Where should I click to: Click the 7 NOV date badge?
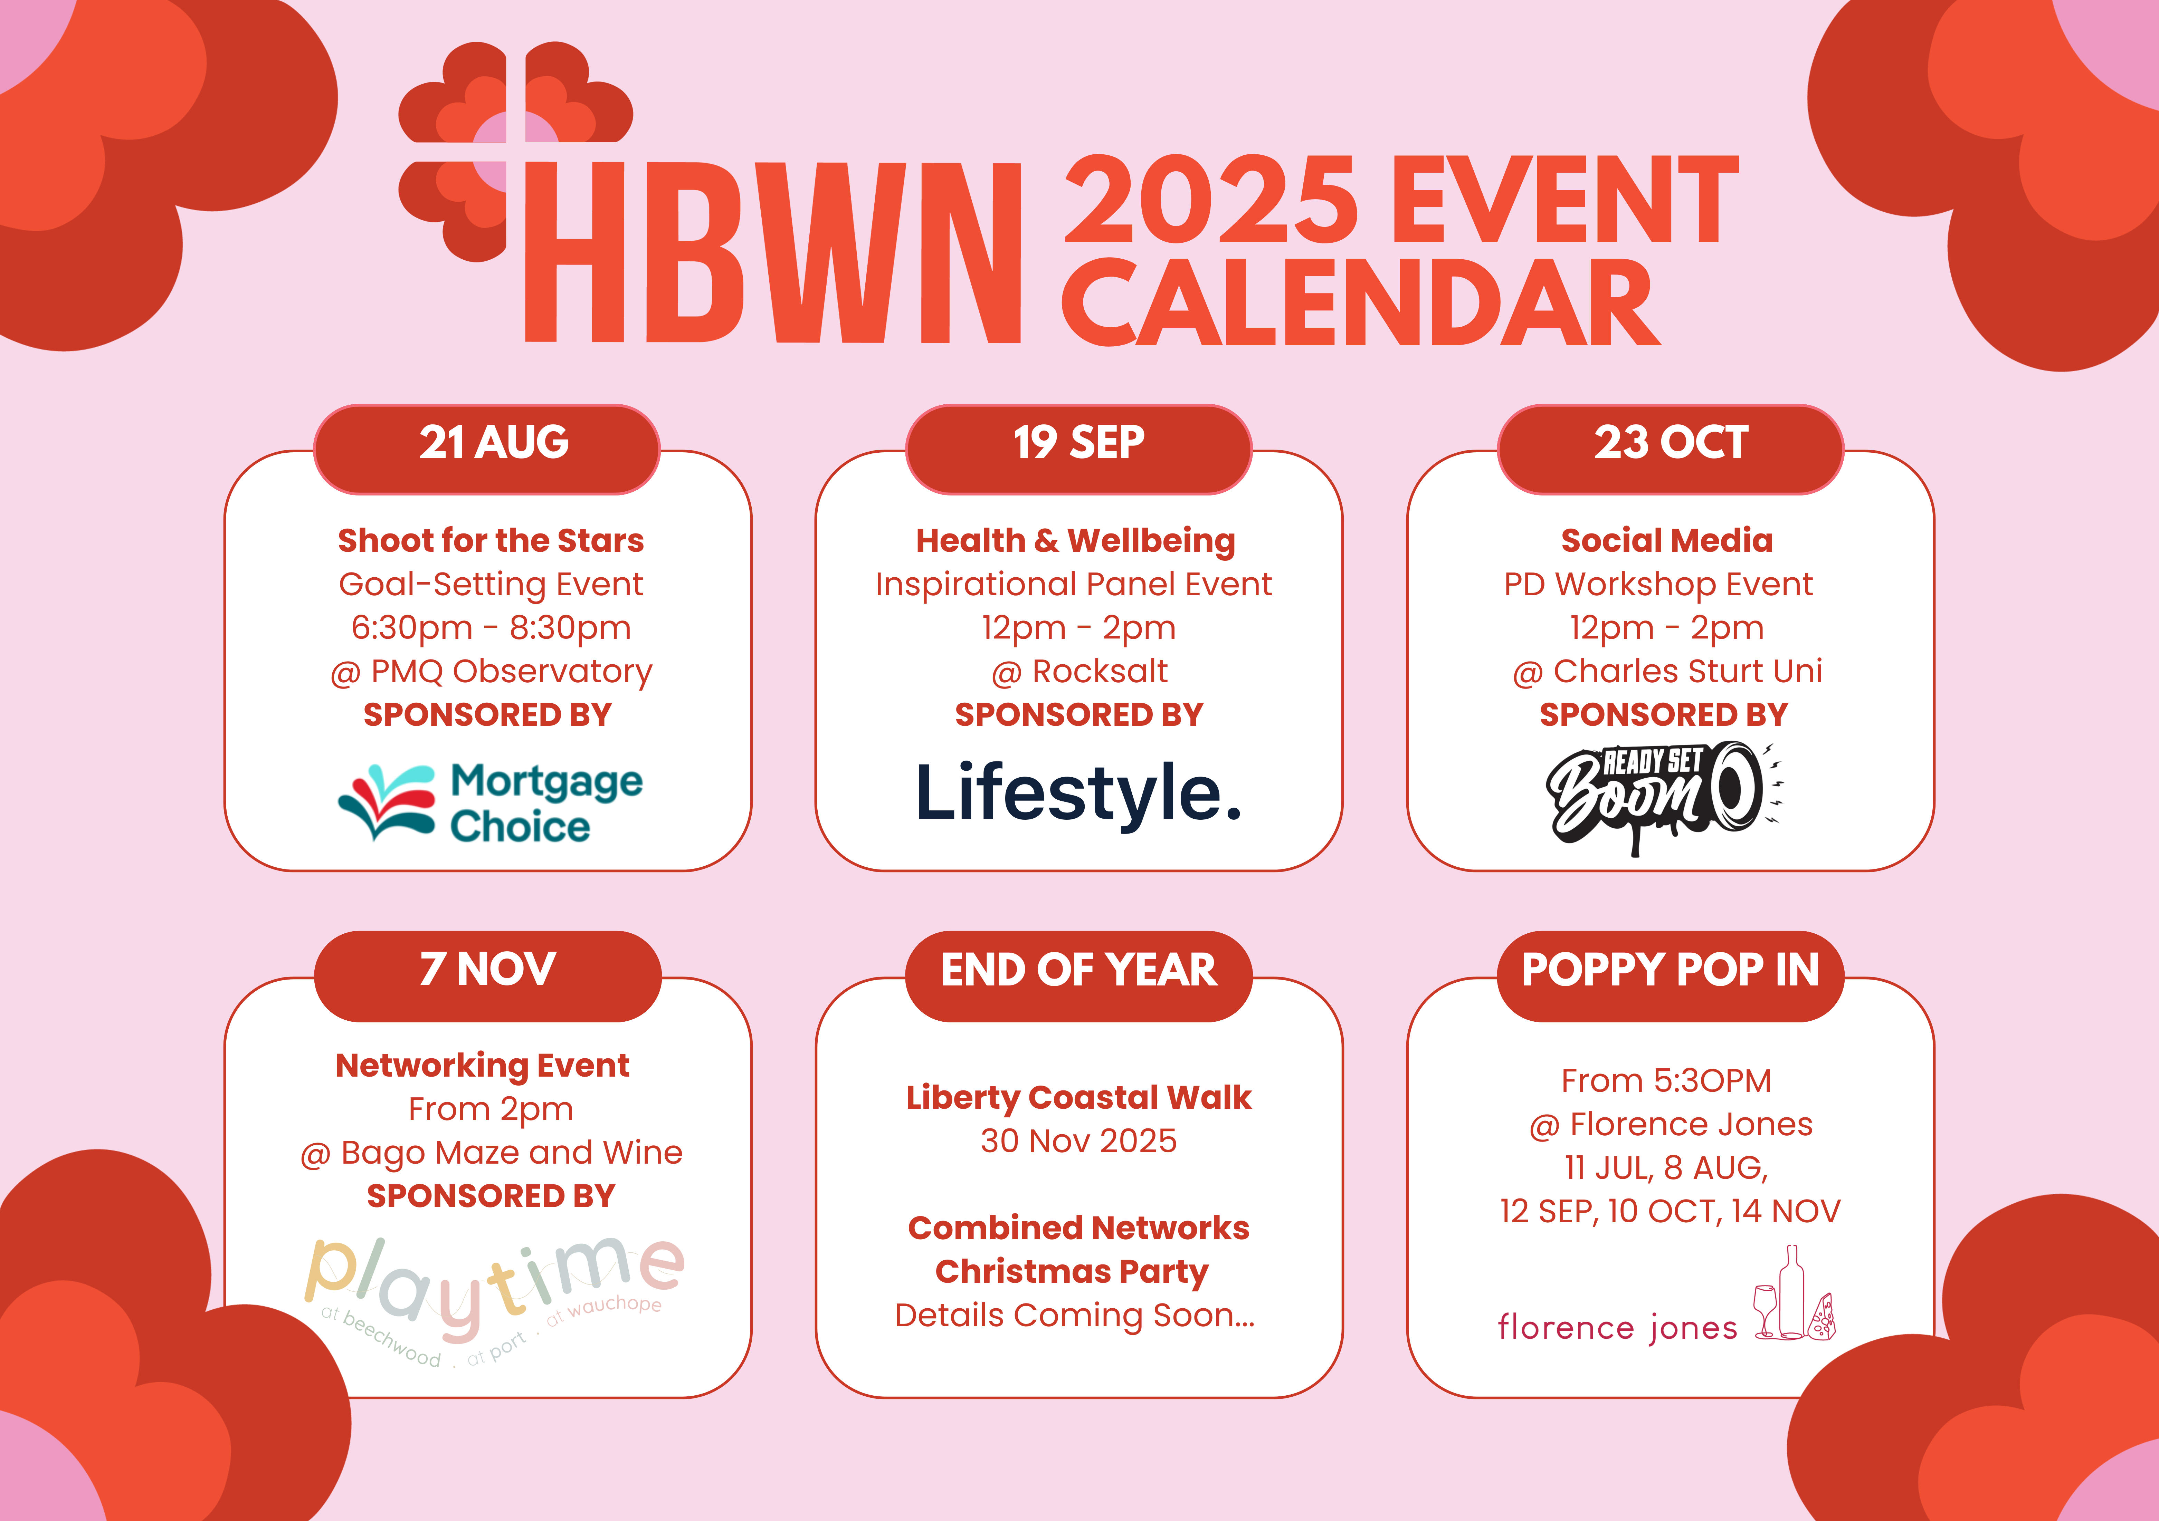tap(487, 976)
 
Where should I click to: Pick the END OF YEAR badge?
tap(1078, 976)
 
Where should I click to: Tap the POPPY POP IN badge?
tap(1670, 976)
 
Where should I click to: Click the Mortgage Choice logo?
tap(490, 802)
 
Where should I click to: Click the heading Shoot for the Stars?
tap(491, 540)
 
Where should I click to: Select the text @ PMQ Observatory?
tap(491, 671)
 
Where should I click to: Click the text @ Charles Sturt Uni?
tap(1667, 671)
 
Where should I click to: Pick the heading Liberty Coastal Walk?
tap(1078, 1098)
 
